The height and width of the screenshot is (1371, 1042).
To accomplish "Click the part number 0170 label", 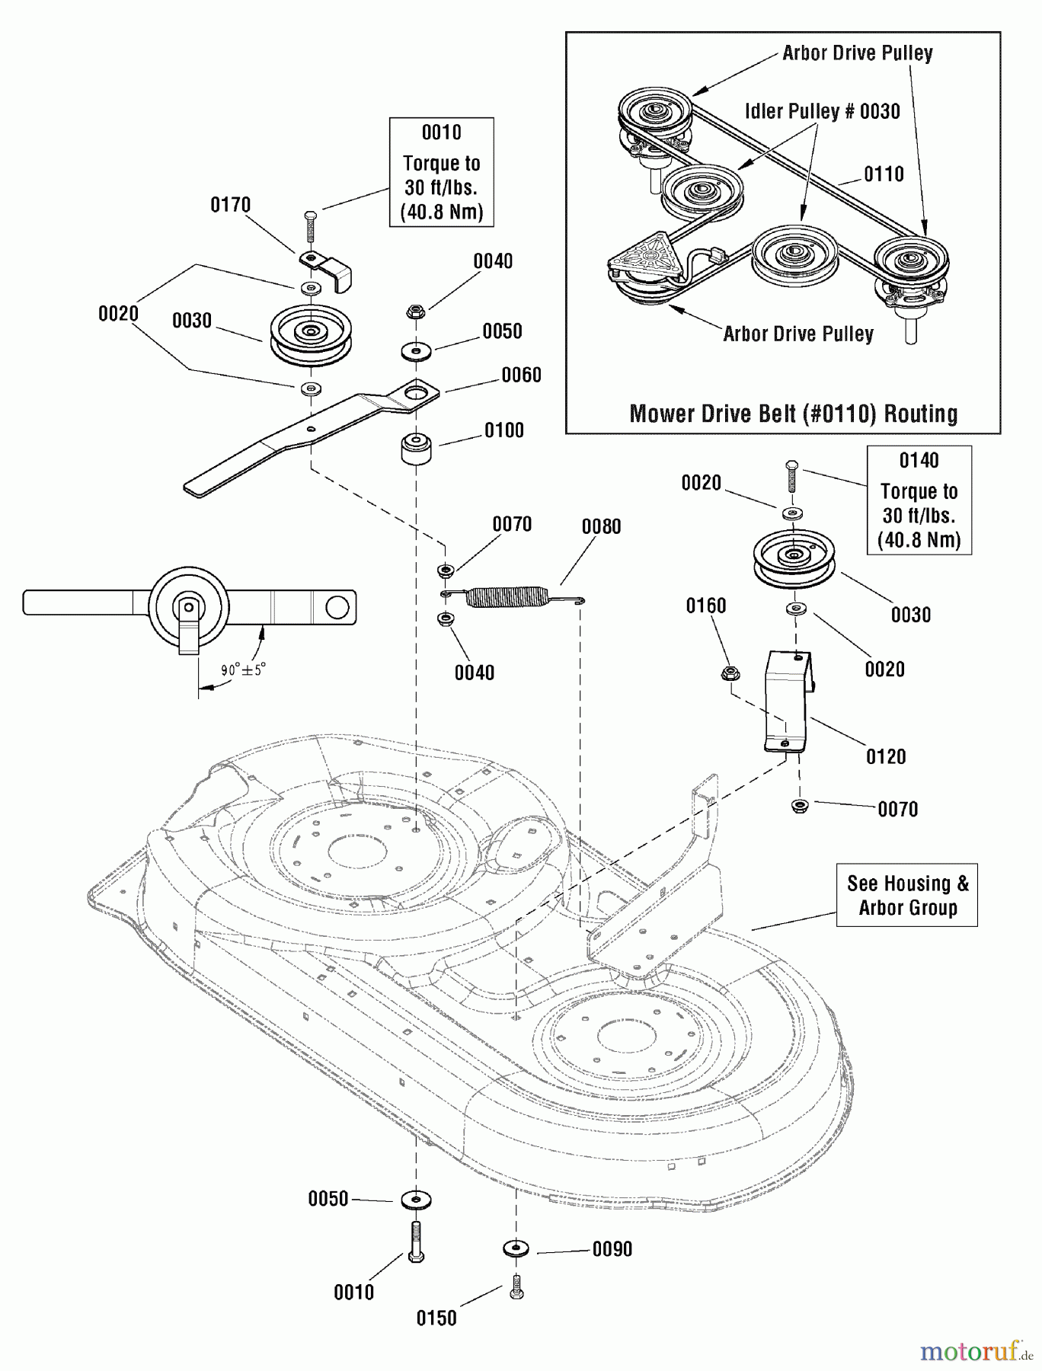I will pyautogui.click(x=230, y=205).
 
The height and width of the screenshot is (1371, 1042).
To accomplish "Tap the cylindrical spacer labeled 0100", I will pyautogui.click(x=416, y=448).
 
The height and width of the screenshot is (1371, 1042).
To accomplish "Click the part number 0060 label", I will pyautogui.click(x=521, y=375).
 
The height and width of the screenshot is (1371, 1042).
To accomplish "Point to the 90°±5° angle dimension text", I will pyautogui.click(x=243, y=670).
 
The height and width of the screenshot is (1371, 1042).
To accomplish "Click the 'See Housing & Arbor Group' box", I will pyautogui.click(x=906, y=895).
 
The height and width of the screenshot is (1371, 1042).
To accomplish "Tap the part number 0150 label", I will pyautogui.click(x=436, y=1318).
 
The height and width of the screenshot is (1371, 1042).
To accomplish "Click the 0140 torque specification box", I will pyautogui.click(x=919, y=500).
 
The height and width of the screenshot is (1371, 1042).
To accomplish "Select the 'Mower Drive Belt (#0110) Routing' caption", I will pyautogui.click(x=793, y=414).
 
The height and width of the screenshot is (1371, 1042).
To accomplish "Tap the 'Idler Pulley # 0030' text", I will pyautogui.click(x=822, y=111).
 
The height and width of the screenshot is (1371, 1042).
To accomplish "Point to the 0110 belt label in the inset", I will pyautogui.click(x=884, y=174).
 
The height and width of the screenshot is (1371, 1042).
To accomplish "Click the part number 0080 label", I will pyautogui.click(x=601, y=526).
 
